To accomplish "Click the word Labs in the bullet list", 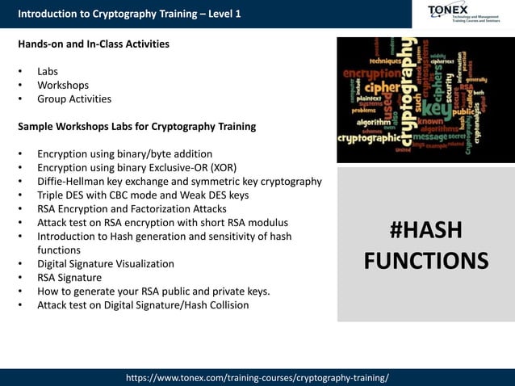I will click(48, 71).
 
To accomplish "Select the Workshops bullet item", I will click(63, 85).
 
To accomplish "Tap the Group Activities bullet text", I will click(74, 99).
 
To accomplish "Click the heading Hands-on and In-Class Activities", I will click(94, 44).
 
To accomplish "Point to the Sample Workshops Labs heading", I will click(136, 126).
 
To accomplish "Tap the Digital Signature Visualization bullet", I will click(105, 263).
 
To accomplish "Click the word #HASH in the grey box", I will click(425, 231).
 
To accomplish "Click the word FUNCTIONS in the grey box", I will click(425, 261).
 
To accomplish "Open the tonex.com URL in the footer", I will click(257, 377).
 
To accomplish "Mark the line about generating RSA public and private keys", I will click(161, 291).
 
